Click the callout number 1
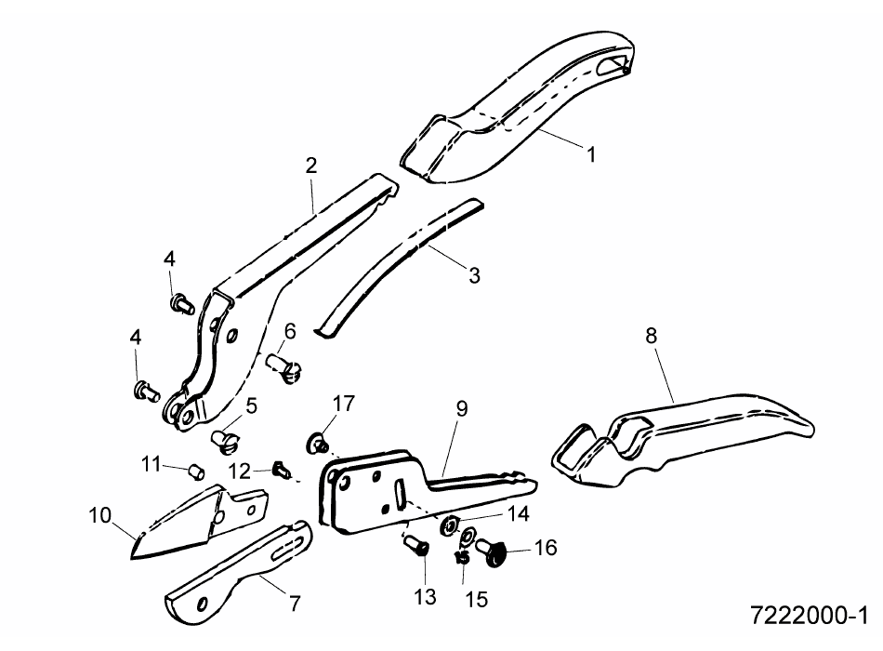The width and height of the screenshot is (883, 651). [591, 153]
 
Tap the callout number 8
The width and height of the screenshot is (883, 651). [651, 336]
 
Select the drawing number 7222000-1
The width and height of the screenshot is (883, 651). [810, 616]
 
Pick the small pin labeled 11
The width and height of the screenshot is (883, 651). [196, 472]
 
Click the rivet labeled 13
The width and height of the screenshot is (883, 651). [416, 546]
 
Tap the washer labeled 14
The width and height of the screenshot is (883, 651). [450, 525]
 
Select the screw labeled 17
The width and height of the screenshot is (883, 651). [318, 442]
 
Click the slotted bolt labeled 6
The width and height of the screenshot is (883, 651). [284, 368]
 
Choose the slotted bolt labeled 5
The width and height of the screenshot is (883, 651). [225, 441]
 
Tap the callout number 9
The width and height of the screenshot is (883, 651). [462, 408]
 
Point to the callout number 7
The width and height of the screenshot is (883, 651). [295, 603]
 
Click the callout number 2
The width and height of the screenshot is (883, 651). [310, 166]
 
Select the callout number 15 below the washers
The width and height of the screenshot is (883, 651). [477, 599]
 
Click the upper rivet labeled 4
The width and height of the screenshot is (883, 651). [182, 304]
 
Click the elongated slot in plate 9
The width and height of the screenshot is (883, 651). [400, 493]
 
